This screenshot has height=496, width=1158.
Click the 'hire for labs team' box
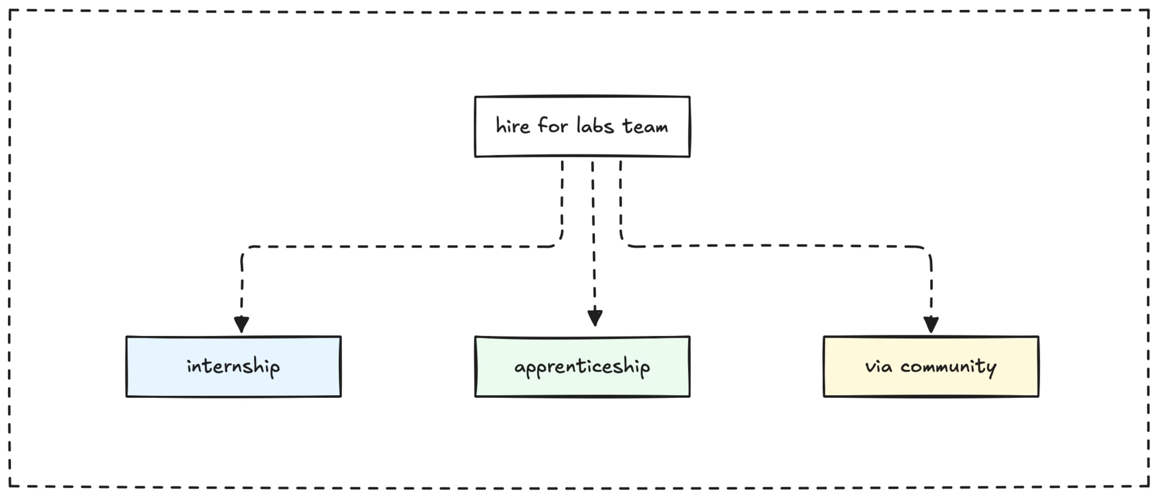point(582,127)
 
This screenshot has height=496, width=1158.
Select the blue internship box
point(233,366)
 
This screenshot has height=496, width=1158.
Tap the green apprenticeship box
point(582,366)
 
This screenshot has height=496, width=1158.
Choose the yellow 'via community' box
point(931,366)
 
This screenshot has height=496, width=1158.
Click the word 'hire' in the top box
point(513,126)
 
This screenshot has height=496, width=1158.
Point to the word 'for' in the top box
point(552,125)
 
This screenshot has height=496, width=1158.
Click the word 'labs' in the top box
point(595,125)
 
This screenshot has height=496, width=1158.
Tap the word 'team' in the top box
point(645,127)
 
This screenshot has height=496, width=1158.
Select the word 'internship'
point(233,366)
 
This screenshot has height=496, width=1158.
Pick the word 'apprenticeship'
point(582,367)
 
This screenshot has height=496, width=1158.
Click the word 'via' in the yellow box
point(878,366)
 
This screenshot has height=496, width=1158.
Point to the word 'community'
point(948,368)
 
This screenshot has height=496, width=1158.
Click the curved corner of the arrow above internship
point(245,251)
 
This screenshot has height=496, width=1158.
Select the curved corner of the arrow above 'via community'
point(927,251)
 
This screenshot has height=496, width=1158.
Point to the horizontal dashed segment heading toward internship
point(401,246)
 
